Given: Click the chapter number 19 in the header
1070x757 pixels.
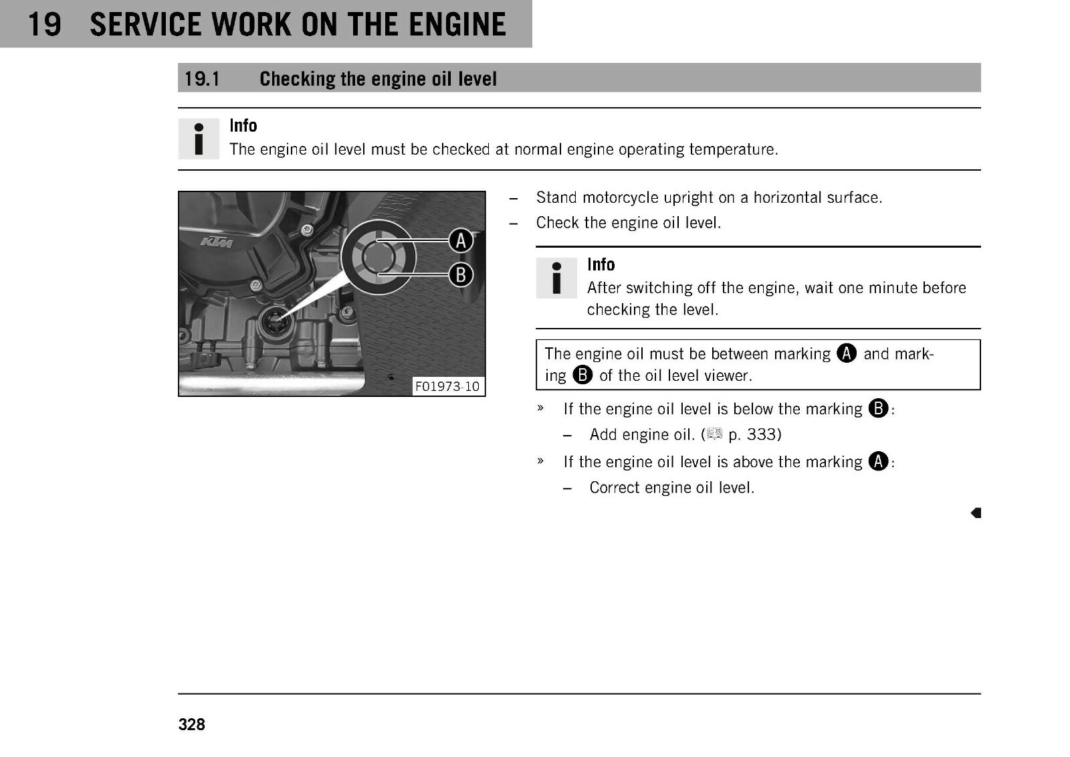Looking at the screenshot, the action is coord(45,24).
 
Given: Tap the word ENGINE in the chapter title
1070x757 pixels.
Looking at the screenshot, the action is coord(457,24).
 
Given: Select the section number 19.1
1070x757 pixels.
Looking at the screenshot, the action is coord(202,79).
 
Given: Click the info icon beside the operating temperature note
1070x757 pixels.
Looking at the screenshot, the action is coord(199,139).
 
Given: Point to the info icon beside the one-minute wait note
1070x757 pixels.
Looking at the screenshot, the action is coord(556,278).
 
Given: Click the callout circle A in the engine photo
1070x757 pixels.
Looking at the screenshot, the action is coord(461,240).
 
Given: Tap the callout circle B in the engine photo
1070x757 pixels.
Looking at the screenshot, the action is coord(461,275).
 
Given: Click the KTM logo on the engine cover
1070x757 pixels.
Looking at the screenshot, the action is coord(217,243).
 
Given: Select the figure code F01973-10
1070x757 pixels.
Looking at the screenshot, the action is coord(447,386).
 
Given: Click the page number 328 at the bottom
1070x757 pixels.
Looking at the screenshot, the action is coord(191,724).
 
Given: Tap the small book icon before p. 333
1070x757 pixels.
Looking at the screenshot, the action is coord(714,434).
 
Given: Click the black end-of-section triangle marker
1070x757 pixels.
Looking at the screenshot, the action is coord(976,513).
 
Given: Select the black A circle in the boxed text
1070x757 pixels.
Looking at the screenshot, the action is coord(847,353).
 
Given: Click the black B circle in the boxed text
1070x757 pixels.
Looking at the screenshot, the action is coord(582,375).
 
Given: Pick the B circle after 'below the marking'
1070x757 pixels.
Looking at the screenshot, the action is coord(878,408).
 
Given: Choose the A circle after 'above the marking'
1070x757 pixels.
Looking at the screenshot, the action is coord(878,461).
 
